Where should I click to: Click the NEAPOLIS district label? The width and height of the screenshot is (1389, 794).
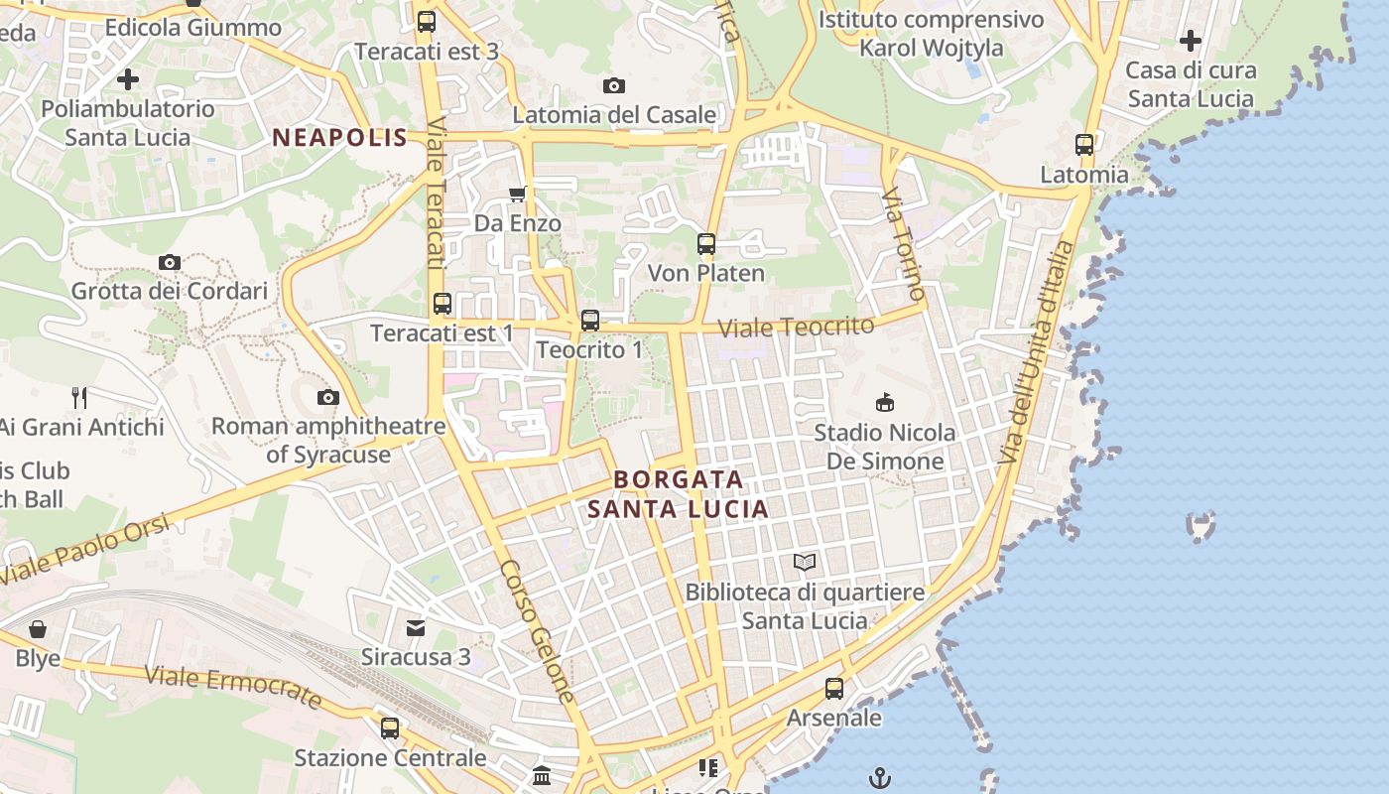pos(340,138)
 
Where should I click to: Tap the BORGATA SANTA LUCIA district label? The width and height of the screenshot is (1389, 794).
pos(678,494)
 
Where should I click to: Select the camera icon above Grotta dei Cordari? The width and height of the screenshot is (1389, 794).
pos(170,262)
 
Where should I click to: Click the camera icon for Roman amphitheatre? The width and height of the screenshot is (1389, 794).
pos(327,398)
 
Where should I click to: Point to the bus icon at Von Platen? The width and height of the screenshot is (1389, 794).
pos(706,243)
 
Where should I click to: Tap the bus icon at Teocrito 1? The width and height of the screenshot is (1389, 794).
pos(590,320)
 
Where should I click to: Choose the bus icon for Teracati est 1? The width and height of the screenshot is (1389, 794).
pos(442,304)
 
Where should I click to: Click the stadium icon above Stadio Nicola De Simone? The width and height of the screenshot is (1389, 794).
pos(884,402)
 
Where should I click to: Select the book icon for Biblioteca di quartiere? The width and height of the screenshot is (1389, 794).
pos(805,563)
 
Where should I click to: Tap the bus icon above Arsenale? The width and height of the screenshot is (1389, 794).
pos(834,688)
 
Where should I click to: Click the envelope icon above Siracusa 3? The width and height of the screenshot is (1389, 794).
pos(416,627)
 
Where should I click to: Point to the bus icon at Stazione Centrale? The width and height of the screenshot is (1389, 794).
pos(390,728)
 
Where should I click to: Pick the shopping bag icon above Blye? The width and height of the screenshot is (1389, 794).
pos(38,629)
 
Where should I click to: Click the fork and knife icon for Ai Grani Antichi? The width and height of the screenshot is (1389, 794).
pos(80,398)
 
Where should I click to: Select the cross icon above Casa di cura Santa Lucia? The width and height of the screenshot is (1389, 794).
pos(1191,41)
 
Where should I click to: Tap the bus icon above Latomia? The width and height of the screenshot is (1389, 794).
pos(1084,145)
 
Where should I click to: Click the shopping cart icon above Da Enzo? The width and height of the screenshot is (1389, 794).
pos(517,194)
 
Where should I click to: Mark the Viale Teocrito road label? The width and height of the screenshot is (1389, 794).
pos(796,327)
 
